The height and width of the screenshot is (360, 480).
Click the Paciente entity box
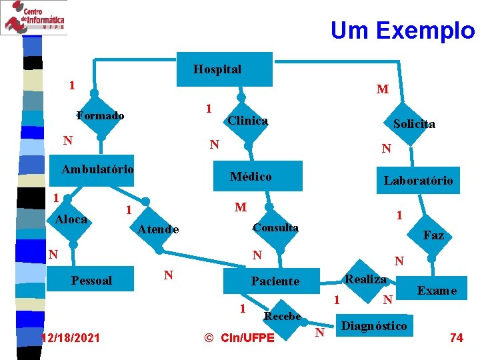click(275, 282)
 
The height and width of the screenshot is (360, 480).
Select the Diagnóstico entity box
click(374, 325)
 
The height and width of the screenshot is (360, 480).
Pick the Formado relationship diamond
click(99, 115)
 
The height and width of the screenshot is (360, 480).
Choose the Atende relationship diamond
click(159, 229)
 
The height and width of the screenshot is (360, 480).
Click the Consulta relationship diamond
click(275, 228)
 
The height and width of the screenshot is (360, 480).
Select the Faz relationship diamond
click(432, 235)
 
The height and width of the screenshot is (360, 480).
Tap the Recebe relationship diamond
click(283, 315)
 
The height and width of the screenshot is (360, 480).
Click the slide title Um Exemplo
click(402, 30)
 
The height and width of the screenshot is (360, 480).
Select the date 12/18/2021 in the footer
click(70, 339)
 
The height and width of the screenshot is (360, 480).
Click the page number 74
click(456, 338)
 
